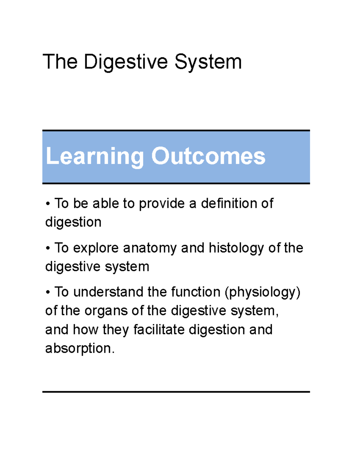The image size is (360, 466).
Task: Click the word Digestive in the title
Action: [126, 62]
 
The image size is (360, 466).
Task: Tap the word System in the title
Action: [208, 62]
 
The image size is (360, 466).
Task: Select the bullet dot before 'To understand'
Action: [48, 292]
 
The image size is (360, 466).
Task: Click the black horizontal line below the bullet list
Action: [176, 392]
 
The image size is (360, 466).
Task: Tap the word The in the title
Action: [60, 62]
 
